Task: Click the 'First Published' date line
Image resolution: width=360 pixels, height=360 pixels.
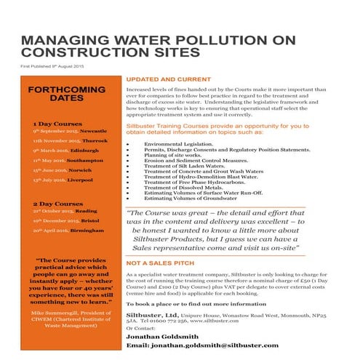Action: [53, 67]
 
